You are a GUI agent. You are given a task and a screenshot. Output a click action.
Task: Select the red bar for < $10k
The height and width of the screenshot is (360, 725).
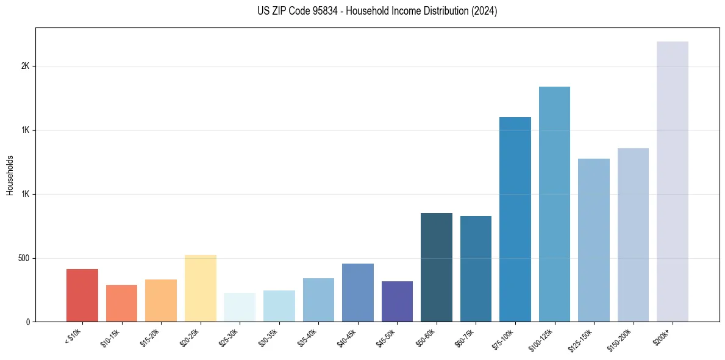click(x=82, y=295)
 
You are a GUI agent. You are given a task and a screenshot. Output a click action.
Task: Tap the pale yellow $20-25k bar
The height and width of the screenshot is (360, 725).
click(x=201, y=288)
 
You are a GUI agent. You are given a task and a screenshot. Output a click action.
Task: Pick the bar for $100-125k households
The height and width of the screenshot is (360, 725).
click(x=554, y=204)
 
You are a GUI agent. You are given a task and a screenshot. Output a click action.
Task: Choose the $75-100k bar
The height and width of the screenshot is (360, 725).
click(x=515, y=219)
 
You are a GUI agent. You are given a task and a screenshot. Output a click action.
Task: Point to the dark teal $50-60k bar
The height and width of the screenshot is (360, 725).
click(x=437, y=267)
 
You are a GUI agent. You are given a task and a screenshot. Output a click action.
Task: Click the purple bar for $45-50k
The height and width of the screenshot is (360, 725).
click(x=397, y=301)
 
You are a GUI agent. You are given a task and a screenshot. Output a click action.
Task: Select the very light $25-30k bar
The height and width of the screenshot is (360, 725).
click(x=240, y=307)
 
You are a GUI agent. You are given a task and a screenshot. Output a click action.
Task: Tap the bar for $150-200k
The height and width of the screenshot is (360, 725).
click(x=633, y=235)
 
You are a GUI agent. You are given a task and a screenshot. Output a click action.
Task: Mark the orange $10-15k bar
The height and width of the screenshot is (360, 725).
click(x=121, y=303)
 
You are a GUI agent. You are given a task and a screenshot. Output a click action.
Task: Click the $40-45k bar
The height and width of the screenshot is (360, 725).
click(x=358, y=292)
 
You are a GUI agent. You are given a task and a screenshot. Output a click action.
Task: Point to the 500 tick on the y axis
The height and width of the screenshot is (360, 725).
click(x=24, y=258)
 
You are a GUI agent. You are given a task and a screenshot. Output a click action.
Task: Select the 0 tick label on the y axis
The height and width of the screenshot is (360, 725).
click(x=28, y=322)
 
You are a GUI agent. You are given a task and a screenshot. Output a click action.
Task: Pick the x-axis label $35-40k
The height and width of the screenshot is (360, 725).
click(x=308, y=337)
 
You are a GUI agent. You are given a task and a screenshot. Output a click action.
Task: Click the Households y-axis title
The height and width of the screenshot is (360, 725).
click(x=10, y=175)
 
